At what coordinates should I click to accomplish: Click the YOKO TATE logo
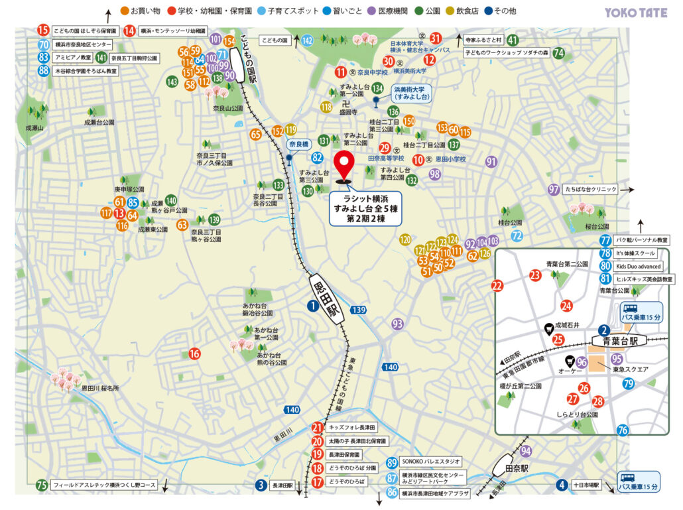(636, 12)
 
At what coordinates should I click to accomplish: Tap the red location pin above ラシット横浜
(344, 165)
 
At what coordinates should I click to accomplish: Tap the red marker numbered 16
(194, 354)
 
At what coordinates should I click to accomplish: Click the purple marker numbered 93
(397, 324)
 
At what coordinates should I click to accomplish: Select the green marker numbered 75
(42, 485)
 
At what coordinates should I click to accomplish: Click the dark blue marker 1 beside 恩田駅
(312, 306)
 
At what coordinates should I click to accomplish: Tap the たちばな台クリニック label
(590, 190)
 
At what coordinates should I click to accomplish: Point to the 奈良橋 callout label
(299, 144)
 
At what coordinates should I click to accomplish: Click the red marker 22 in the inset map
(497, 287)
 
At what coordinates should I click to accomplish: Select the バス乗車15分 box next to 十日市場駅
(639, 481)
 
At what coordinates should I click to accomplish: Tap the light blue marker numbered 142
(307, 41)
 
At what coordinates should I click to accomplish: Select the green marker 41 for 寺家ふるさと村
(513, 40)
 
